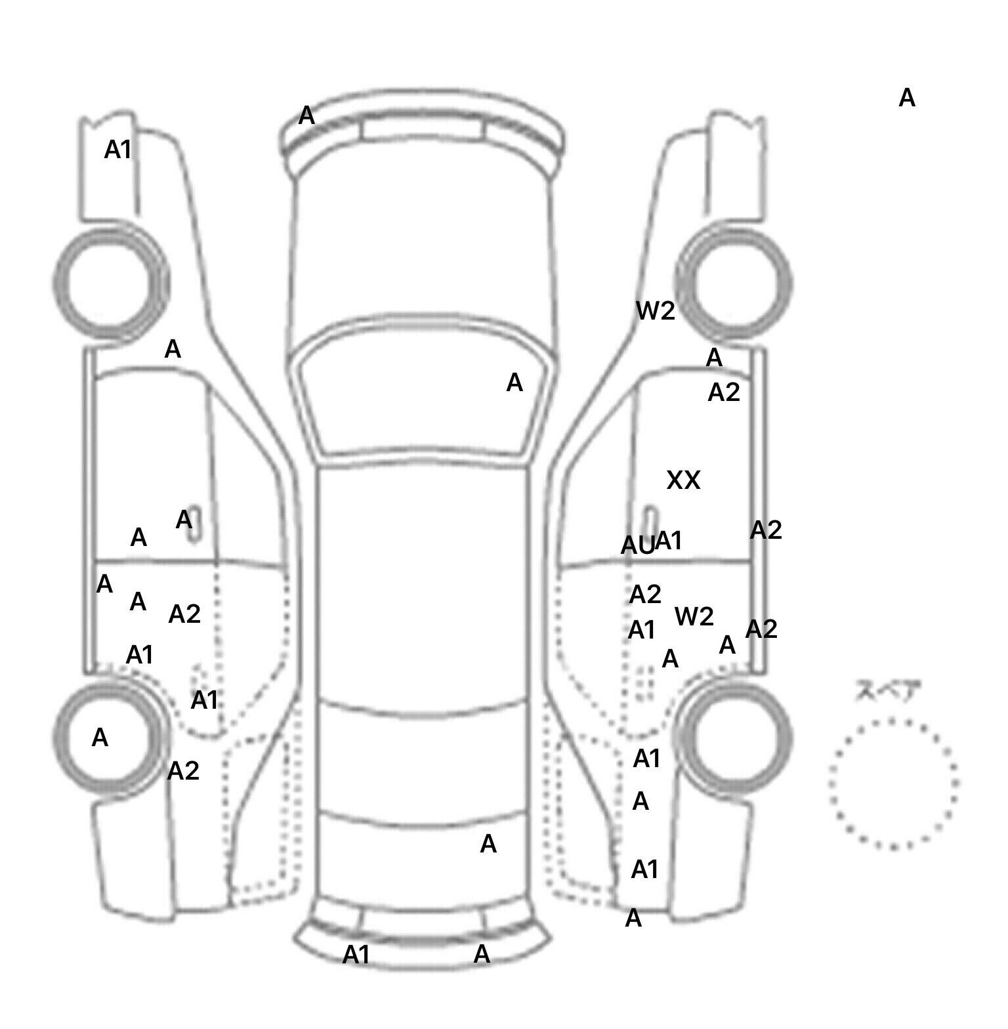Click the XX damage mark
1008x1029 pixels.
[x=683, y=480]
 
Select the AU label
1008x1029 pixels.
[x=637, y=545]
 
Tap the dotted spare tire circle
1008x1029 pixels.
[x=893, y=783]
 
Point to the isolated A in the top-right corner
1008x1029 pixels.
[x=906, y=98]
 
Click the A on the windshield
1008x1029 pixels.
[x=514, y=382]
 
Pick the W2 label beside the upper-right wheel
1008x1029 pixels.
[x=656, y=310]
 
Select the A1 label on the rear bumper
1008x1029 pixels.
[x=356, y=955]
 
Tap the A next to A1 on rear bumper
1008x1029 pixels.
[x=482, y=954]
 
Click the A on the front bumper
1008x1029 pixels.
[x=306, y=115]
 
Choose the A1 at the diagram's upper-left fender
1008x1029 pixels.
[x=118, y=150]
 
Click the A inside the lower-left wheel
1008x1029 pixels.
[x=100, y=738]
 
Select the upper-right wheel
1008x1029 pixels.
[x=735, y=284]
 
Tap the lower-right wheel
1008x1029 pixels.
[x=735, y=735]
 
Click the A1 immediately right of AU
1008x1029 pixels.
[x=669, y=541]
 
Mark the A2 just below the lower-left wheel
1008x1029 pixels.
[x=183, y=770]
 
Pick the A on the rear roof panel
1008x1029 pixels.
[x=488, y=844]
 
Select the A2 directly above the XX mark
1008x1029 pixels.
[x=724, y=392]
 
